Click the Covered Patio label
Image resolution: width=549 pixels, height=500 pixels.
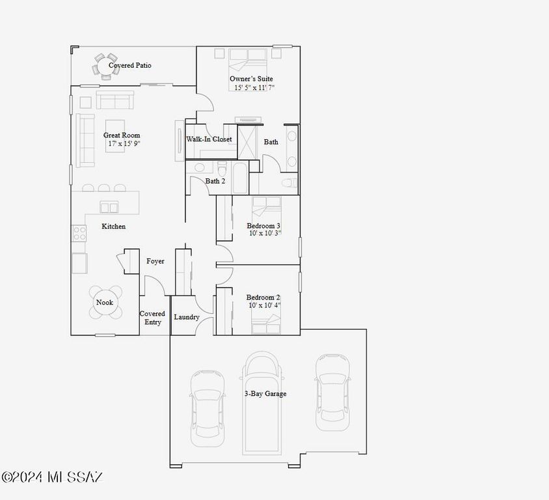(x=130, y=66)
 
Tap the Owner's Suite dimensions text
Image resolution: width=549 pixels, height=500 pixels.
(x=254, y=87)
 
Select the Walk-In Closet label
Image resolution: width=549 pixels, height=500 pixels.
(x=209, y=139)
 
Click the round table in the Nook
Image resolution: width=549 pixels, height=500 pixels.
(x=105, y=303)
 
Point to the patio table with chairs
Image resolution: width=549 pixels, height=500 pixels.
(x=105, y=66)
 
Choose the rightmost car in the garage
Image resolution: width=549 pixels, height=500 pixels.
(x=333, y=392)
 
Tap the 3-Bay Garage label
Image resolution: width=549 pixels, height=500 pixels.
(x=265, y=394)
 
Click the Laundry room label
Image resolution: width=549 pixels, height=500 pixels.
(x=187, y=317)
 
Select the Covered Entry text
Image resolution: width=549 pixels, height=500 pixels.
(x=152, y=318)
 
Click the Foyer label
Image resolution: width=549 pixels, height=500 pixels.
(x=155, y=261)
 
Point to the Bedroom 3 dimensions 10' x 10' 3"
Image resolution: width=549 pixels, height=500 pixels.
(x=264, y=233)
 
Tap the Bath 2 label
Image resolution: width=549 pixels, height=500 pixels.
(x=215, y=181)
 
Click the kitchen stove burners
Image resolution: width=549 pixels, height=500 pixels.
(x=79, y=233)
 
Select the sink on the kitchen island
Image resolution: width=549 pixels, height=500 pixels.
(x=109, y=208)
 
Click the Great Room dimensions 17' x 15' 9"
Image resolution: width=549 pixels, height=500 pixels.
(x=122, y=143)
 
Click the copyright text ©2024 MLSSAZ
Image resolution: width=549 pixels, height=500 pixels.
(x=52, y=478)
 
